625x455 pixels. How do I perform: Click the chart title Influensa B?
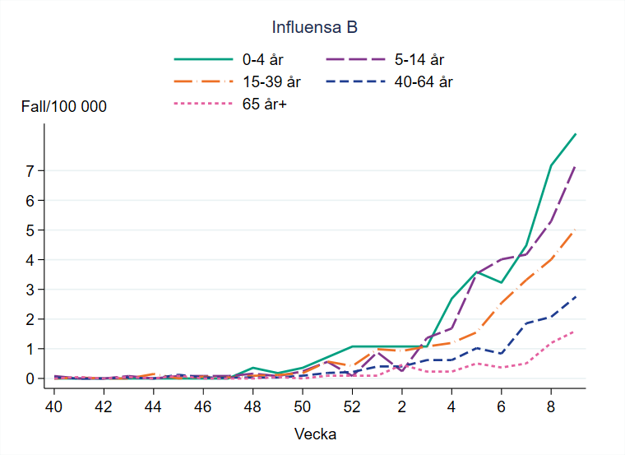point(315,28)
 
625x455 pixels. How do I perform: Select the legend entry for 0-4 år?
point(262,59)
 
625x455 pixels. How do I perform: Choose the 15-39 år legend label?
point(271,81)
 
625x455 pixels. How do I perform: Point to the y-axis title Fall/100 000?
point(64,107)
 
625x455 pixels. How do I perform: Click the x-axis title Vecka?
point(315,433)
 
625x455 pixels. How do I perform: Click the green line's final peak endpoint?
point(576,133)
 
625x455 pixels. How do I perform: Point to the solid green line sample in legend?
point(203,59)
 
